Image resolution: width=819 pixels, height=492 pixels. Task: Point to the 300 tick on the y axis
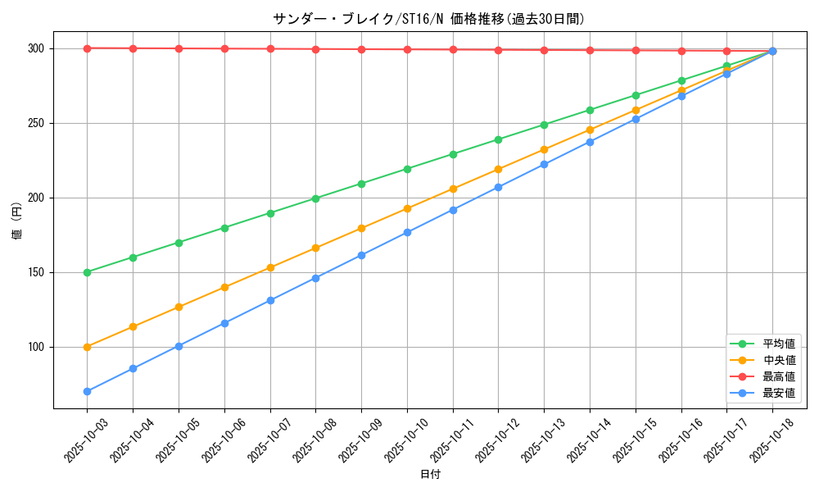coord(36,48)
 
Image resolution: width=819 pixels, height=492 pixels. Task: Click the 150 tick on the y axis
coord(36,272)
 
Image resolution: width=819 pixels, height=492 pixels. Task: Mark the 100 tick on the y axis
coord(36,347)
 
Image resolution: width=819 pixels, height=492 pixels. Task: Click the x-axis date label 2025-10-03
coord(84,440)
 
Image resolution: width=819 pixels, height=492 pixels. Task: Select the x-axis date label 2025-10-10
coord(405,440)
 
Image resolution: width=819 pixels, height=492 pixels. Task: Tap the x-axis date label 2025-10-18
coord(770,440)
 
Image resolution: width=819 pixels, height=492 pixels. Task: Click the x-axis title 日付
coord(429,475)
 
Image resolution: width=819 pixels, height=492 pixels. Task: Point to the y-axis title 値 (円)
coord(17,221)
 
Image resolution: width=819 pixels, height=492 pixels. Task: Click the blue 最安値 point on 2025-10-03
coord(87,391)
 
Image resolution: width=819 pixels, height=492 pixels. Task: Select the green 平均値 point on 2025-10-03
coord(87,272)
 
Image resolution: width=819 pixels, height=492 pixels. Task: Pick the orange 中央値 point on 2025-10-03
coord(87,347)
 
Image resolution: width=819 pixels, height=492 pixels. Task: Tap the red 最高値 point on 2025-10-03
coord(87,48)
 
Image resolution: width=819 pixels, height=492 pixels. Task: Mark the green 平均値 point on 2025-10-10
coord(407,169)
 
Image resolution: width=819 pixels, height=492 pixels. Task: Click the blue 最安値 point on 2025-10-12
coord(498,187)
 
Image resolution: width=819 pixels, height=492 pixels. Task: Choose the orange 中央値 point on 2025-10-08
coord(315,248)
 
